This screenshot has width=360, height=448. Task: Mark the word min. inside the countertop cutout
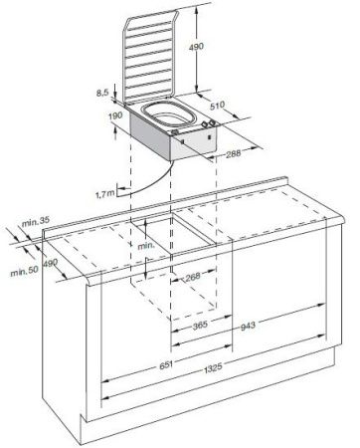click(145, 243)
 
